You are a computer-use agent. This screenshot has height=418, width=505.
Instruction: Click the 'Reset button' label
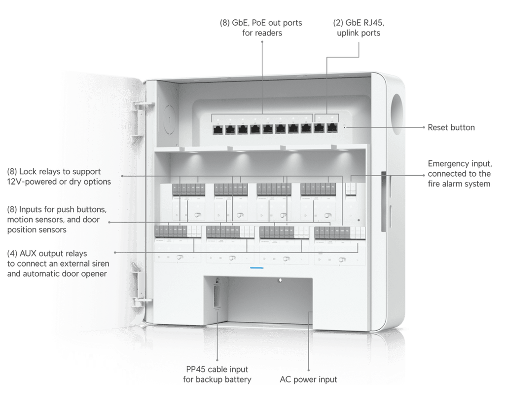pos(451,127)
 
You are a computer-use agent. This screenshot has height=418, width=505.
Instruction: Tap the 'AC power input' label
pos(308,380)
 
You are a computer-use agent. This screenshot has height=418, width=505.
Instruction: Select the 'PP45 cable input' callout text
pos(217,369)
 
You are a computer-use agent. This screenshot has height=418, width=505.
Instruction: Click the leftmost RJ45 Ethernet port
pos(217,129)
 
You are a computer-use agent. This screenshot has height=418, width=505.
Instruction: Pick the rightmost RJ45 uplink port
pos(332,128)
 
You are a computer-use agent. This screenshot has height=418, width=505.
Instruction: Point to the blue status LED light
pos(256,268)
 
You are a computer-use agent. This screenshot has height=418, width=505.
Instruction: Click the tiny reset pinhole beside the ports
pos(344,126)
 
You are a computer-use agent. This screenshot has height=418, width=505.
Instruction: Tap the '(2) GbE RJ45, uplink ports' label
pos(359,28)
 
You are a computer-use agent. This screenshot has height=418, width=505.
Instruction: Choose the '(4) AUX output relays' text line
pos(47,253)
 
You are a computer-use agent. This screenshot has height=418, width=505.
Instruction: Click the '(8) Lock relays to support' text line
pos(54,171)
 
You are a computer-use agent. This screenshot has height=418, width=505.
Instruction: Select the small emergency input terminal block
pos(351,189)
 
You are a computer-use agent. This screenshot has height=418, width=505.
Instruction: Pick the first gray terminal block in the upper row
pos(188,189)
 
